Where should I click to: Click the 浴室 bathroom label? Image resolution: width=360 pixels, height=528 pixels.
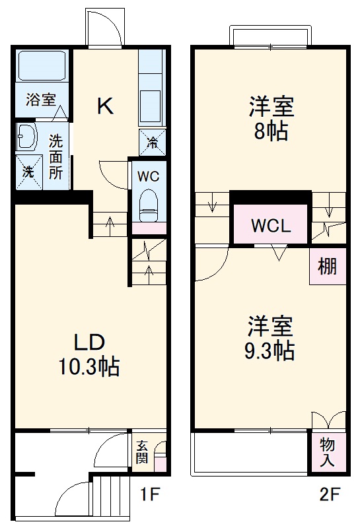click(41, 100)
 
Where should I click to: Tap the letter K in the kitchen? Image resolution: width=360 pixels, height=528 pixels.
click(105, 106)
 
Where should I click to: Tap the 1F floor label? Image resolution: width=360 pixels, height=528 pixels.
click(151, 494)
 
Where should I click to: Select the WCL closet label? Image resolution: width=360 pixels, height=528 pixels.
click(270, 226)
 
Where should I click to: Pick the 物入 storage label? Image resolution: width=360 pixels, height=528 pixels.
click(328, 451)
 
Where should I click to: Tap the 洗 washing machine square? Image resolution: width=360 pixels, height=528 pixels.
click(28, 172)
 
